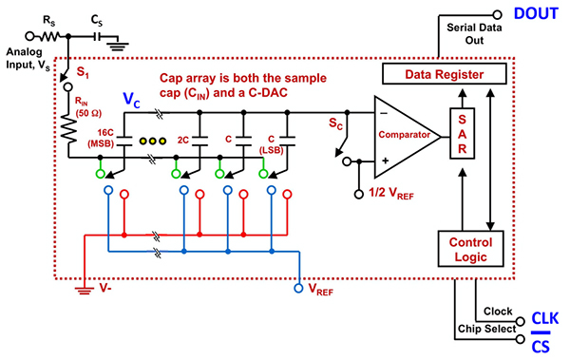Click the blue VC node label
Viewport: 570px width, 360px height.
[132, 98]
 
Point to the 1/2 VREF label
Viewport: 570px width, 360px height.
[390, 194]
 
